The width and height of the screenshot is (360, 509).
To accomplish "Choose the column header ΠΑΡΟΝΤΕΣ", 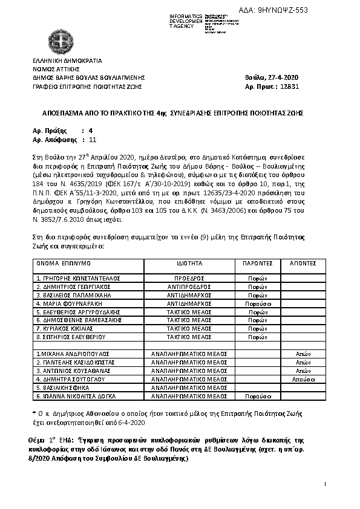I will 258,264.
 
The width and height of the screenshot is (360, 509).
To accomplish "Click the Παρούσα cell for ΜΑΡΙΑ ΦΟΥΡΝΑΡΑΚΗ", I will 257,303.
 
